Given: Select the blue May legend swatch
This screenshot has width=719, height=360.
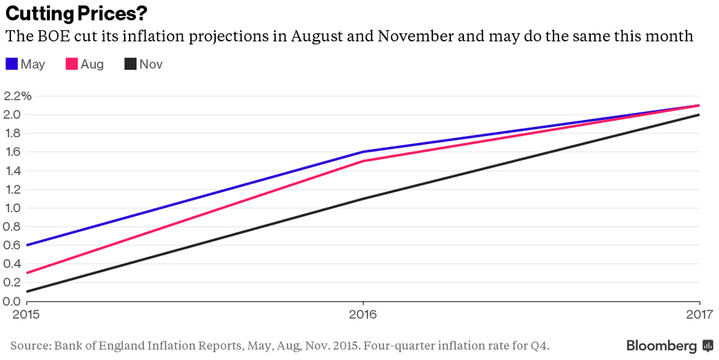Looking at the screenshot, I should pos(12,64).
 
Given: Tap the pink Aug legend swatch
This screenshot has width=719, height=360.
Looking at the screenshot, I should pos(71,64).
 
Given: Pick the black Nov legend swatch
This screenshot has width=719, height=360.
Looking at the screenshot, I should pos(130,64).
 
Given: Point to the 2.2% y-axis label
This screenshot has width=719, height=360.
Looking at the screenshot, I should pos(18,96).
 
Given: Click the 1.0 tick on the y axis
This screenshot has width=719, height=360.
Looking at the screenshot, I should pos(12,208).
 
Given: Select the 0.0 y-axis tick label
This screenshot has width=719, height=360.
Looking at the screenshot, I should pos(12,301).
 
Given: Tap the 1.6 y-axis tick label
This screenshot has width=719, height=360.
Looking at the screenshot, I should pos(12,152).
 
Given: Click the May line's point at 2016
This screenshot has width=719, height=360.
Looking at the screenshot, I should pos(363,152).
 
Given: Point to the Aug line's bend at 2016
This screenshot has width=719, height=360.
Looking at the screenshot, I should pos(363,161).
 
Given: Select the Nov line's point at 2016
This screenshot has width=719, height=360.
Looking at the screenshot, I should pos(363,199).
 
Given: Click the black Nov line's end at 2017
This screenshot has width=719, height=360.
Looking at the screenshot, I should pos(699,114).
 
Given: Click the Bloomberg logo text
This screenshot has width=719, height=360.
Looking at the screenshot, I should pos(661,346).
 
